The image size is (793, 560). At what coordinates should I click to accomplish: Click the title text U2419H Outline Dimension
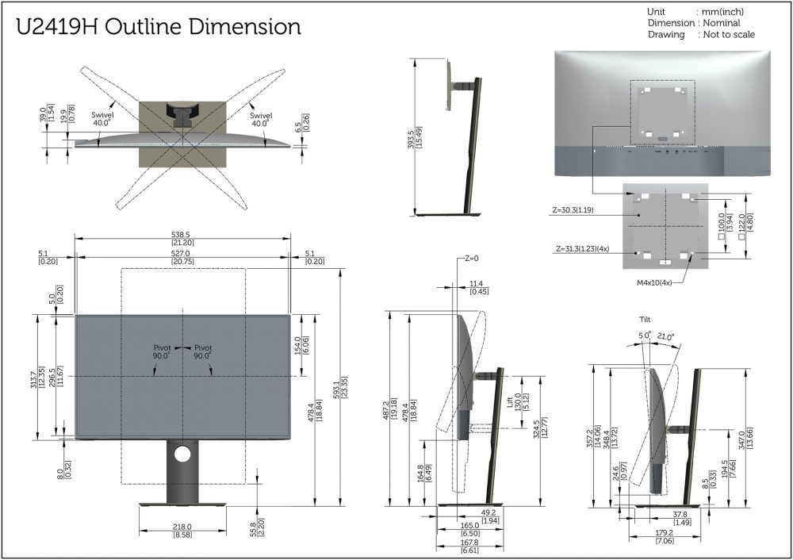tap(159, 27)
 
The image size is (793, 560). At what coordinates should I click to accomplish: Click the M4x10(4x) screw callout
tap(654, 283)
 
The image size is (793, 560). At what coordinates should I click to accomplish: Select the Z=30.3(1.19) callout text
tap(573, 210)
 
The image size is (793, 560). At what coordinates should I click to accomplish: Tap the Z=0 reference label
tap(471, 259)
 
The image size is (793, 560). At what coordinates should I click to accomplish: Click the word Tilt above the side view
tap(645, 319)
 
